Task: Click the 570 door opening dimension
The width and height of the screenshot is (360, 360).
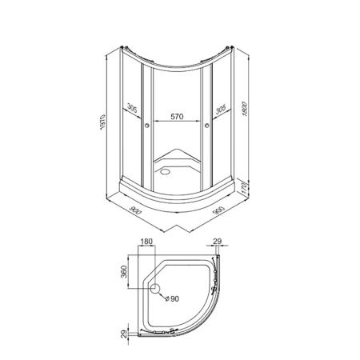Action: [177, 117]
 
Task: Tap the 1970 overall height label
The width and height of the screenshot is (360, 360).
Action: [102, 122]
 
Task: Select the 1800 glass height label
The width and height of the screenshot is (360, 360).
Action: [245, 109]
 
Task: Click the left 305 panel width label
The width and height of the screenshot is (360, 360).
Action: [132, 108]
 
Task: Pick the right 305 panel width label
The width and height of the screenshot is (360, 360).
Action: [221, 109]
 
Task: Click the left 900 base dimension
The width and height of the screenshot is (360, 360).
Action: [135, 210]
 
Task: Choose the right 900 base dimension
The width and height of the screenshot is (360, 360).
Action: [219, 210]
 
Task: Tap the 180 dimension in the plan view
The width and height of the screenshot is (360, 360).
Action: [146, 242]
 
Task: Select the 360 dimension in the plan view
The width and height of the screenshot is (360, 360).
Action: [124, 272]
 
